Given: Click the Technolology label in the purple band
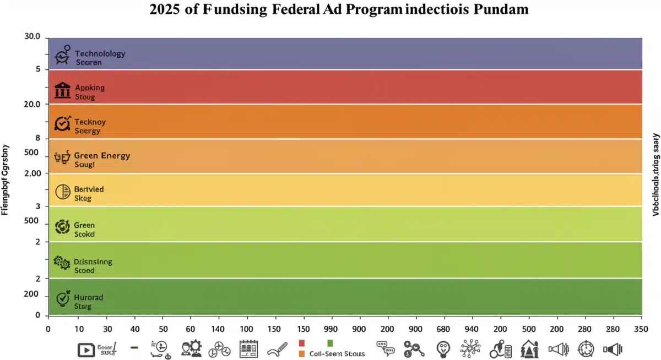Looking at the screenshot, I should (x=100, y=53).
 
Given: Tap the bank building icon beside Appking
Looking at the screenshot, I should (x=62, y=90).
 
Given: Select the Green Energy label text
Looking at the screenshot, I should (x=102, y=155).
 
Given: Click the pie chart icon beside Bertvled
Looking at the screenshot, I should (x=62, y=192).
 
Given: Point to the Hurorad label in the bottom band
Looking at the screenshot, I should (x=88, y=297).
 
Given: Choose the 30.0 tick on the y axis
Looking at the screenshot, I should (x=32, y=37).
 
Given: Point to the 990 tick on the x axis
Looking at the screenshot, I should (x=331, y=329).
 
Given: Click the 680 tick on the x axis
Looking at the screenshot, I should (x=443, y=329).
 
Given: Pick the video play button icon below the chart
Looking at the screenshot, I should (x=86, y=349).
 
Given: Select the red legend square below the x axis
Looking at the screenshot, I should (x=301, y=343).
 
